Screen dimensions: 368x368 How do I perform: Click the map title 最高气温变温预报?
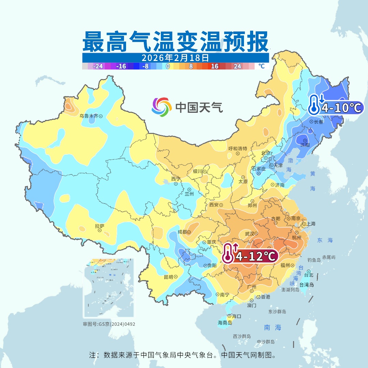click(175, 42)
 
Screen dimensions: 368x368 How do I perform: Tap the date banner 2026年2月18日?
click(175, 57)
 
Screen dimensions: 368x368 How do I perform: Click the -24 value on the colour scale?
click(98, 66)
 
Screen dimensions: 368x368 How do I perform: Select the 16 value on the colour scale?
click(215, 66)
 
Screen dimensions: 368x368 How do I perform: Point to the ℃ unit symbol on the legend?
click(261, 66)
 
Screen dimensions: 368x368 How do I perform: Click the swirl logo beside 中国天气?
click(162, 107)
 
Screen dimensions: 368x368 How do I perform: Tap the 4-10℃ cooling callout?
click(336, 107)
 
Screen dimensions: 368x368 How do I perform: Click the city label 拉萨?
click(99, 226)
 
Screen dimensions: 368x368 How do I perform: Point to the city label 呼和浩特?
click(237, 149)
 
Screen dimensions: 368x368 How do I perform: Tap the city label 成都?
click(182, 232)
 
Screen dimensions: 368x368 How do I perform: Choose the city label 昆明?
click(168, 277)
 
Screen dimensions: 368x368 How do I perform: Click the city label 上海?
click(311, 224)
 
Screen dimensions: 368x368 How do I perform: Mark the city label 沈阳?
click(305, 144)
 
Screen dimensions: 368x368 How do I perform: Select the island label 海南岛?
click(225, 322)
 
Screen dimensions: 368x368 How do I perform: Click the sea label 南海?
click(273, 327)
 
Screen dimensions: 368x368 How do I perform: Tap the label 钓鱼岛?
click(314, 260)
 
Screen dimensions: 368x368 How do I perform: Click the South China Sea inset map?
click(109, 288)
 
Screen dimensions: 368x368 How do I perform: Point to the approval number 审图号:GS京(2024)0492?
click(109, 324)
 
